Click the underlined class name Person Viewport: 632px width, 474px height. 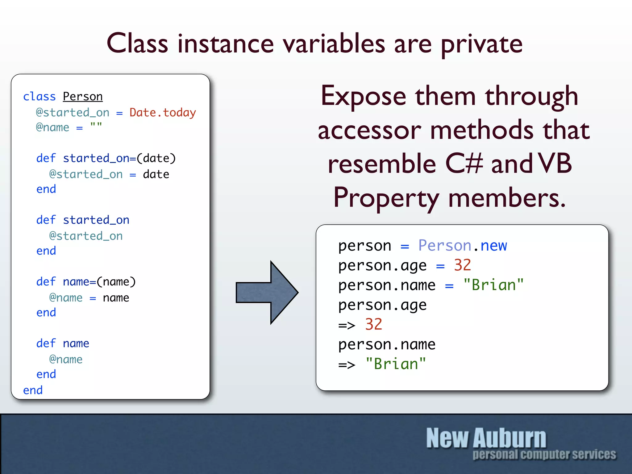pos(83,97)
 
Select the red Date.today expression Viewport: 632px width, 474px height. pos(163,113)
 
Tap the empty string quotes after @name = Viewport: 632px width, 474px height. pos(96,126)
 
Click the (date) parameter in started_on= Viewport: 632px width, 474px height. pos(156,158)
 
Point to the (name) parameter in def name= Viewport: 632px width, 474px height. pos(116,282)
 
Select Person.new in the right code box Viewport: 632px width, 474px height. pos(462,246)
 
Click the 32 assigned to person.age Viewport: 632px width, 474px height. pos(462,265)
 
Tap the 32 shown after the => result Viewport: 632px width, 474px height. pos(373,324)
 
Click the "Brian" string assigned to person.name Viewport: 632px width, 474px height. pos(493,285)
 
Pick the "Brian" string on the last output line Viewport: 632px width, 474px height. pos(396,364)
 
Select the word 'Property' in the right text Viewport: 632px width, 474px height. pos(386,198)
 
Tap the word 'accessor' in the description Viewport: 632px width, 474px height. pos(369,130)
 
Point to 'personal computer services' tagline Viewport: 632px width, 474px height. pos(544,455)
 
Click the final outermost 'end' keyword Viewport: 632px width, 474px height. pos(33,390)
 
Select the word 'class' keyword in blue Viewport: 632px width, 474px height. pos(39,97)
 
